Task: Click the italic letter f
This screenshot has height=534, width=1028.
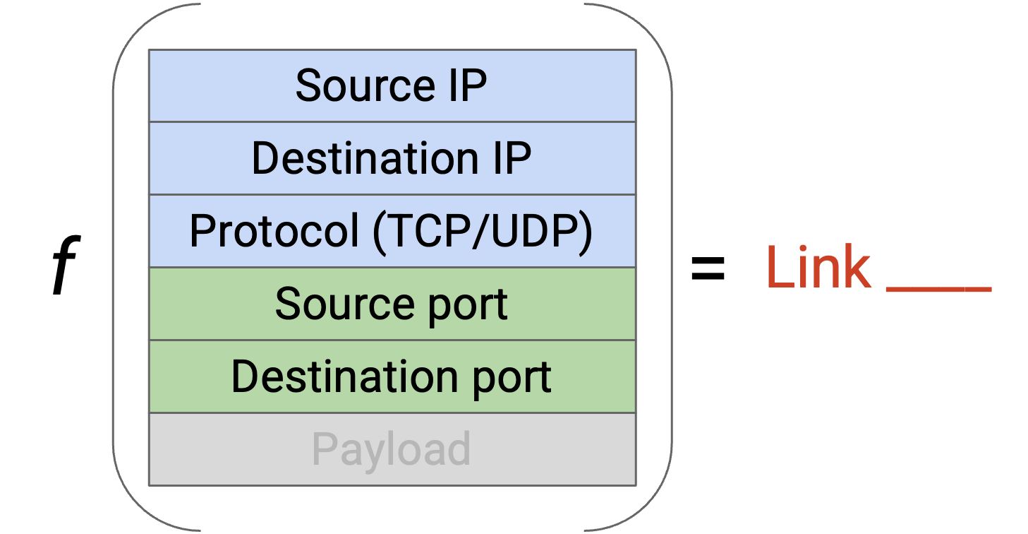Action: point(66,265)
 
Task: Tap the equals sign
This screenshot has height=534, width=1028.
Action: point(708,268)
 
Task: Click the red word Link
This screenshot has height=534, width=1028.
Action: point(818,267)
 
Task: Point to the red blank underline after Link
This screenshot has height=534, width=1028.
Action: point(939,289)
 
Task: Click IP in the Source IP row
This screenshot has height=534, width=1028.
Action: point(468,85)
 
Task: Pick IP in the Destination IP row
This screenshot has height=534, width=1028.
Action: point(512,158)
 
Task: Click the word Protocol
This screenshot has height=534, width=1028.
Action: point(274,231)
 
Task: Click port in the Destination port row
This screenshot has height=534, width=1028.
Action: point(512,379)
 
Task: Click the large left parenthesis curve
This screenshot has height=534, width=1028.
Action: point(114,266)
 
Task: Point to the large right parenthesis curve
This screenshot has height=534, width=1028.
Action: point(672,266)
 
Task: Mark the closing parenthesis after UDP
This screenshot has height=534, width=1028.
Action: point(586,232)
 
